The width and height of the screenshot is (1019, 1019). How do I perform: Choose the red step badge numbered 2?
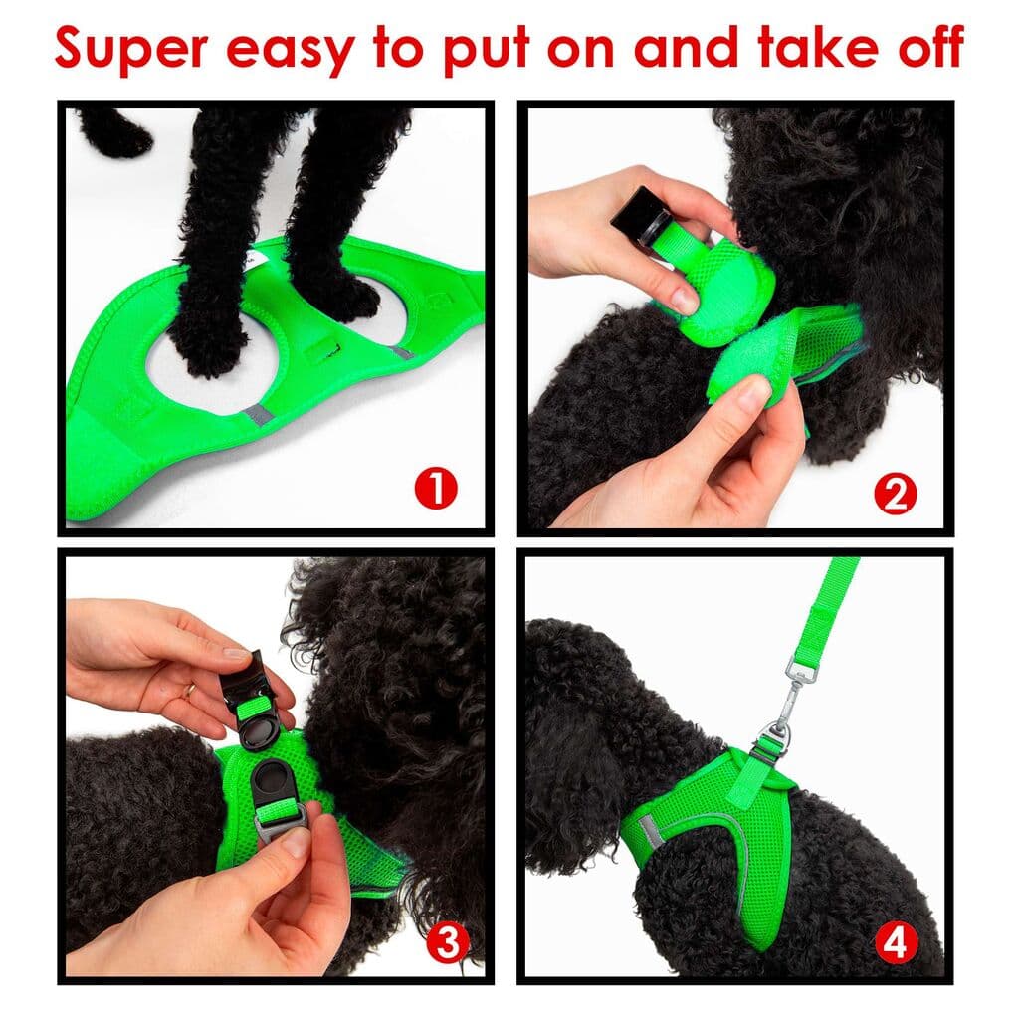pos(895,495)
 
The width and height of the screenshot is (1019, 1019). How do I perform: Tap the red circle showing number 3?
pos(447,942)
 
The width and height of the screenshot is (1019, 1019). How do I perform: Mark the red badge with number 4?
pos(895,943)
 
